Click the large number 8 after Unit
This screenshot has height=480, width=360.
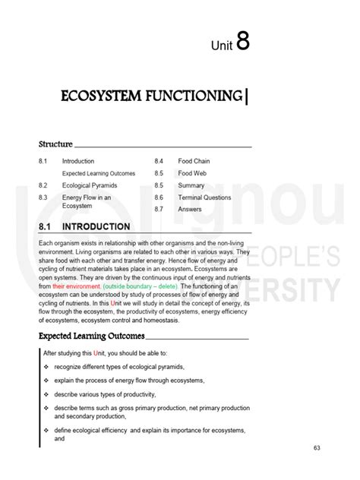coord(243,42)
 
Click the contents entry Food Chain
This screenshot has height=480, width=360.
coord(194,161)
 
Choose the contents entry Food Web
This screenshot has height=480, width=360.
coord(192,173)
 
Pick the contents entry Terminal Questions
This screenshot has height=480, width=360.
coord(204,197)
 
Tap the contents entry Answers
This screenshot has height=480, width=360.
coord(190,209)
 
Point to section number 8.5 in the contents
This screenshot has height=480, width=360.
coord(159,173)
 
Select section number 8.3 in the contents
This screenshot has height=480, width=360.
coord(43,197)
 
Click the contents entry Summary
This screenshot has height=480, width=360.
coord(191,185)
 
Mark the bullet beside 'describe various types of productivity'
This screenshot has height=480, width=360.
coord(46,394)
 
